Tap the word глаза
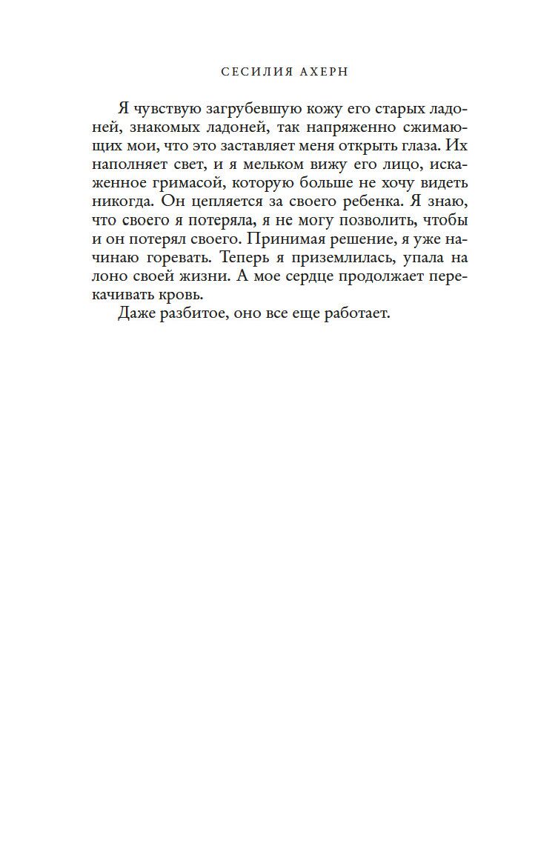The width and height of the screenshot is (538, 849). (x=425, y=146)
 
